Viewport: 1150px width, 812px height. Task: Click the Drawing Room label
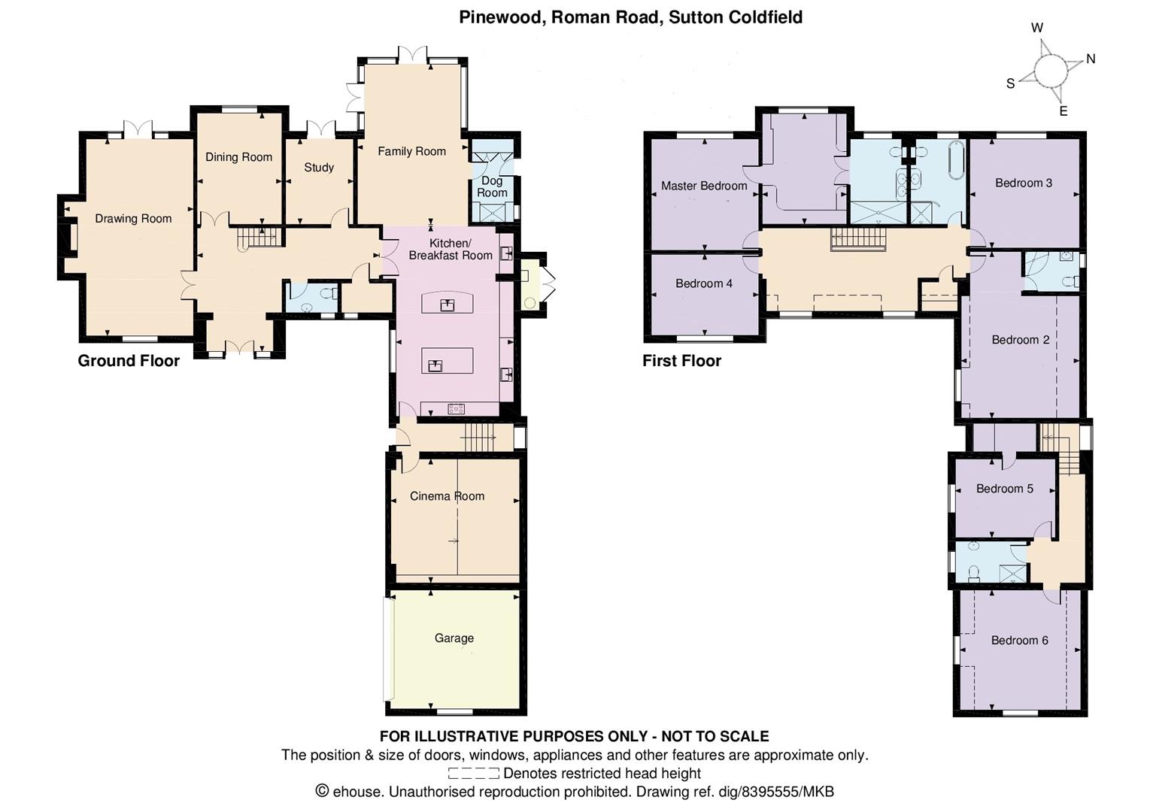133,219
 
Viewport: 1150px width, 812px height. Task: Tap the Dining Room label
238,157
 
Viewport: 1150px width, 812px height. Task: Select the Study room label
319,168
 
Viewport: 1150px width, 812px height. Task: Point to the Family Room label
411,151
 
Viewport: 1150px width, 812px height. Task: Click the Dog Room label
492,186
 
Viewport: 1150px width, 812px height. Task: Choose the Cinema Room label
447,496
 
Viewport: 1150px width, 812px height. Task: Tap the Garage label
454,638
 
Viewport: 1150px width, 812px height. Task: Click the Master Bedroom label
704,186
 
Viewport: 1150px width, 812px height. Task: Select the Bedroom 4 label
704,283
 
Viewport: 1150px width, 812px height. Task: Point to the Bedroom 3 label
1024,183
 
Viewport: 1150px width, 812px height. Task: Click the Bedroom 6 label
1019,641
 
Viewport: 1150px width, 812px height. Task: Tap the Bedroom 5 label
1005,489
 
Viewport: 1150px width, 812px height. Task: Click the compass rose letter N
1091,59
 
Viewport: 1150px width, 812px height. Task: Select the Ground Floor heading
129,361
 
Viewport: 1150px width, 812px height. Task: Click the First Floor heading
681,361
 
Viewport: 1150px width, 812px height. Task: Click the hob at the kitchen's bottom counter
456,409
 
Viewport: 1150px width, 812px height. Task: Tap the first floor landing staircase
858,239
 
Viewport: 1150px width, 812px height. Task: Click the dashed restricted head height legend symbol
473,774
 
